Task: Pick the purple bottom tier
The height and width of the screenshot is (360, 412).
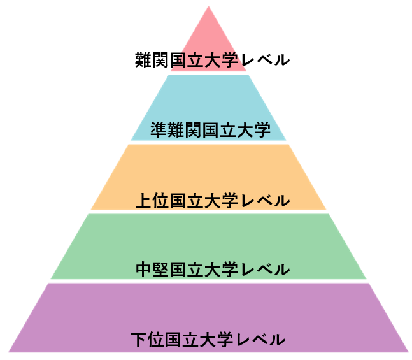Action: coord(209,317)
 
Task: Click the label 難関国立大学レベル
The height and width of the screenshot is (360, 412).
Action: coord(212,60)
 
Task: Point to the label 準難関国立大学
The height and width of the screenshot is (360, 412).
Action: coord(211,129)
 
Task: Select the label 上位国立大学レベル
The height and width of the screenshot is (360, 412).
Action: coord(213,201)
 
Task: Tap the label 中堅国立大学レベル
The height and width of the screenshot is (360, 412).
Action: coord(213,270)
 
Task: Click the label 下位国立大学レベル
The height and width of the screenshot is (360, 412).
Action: coord(208,340)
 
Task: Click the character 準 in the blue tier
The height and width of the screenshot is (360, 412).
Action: coord(159,129)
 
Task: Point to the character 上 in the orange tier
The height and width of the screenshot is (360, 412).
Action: coord(143,201)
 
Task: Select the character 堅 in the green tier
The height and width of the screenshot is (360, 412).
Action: coord(160,270)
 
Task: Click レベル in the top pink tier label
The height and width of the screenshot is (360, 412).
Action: coord(266,60)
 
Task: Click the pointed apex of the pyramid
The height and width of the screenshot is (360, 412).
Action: coord(209,6)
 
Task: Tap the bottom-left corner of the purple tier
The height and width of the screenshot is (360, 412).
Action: coord(8,352)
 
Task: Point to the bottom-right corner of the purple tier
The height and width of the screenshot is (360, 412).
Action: coord(409,352)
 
